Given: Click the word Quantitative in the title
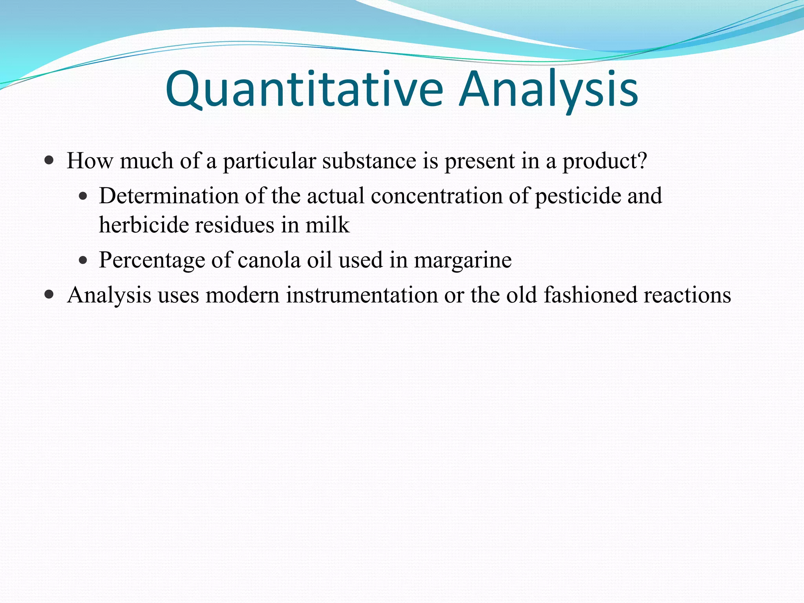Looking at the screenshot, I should click(304, 90).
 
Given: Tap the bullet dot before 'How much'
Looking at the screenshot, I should click(49, 161).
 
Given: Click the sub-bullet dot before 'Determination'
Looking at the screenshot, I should click(82, 196).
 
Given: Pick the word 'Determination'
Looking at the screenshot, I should click(168, 196).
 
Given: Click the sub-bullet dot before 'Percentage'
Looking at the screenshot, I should click(82, 260).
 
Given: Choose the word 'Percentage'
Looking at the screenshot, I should click(152, 260).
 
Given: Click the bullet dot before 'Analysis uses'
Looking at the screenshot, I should click(49, 295).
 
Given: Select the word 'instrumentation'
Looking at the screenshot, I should click(362, 295).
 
